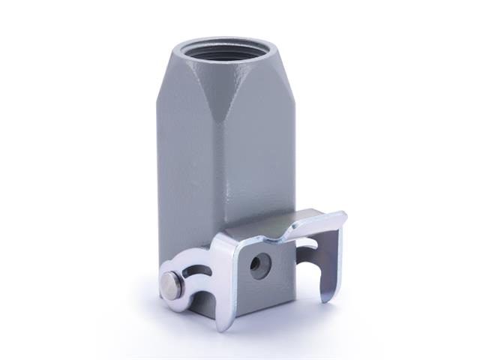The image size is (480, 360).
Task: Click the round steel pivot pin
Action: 171,283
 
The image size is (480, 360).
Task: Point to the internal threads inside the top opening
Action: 225,54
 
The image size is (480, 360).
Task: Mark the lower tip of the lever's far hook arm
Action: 324,298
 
